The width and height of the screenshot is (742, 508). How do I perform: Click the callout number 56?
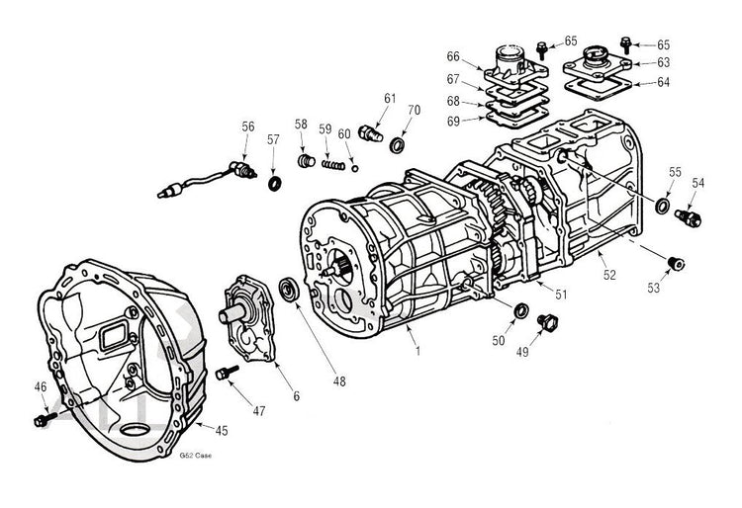pyautogui.click(x=247, y=126)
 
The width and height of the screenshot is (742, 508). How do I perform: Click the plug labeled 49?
pyautogui.click(x=542, y=321)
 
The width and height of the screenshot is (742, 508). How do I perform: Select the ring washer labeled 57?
pyautogui.click(x=274, y=184)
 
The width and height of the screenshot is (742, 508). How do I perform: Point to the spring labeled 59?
pyautogui.click(x=330, y=162)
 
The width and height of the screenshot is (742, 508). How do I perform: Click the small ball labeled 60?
pyautogui.click(x=354, y=167)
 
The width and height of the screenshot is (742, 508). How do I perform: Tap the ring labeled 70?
pyautogui.click(x=398, y=146)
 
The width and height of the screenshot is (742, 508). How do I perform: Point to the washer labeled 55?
pyautogui.click(x=661, y=205)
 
